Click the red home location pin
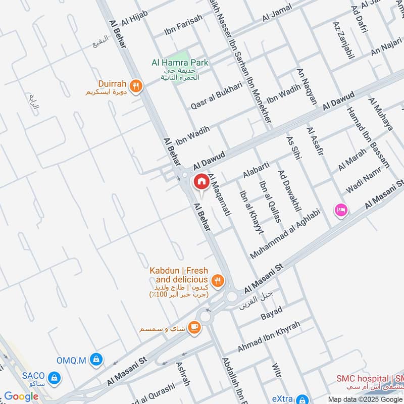(x=200, y=181)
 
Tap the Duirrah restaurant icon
(x=135, y=86)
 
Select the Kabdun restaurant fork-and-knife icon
(x=218, y=280)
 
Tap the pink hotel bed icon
(x=341, y=210)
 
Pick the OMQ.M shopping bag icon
(x=95, y=360)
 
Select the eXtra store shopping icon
(x=302, y=398)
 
